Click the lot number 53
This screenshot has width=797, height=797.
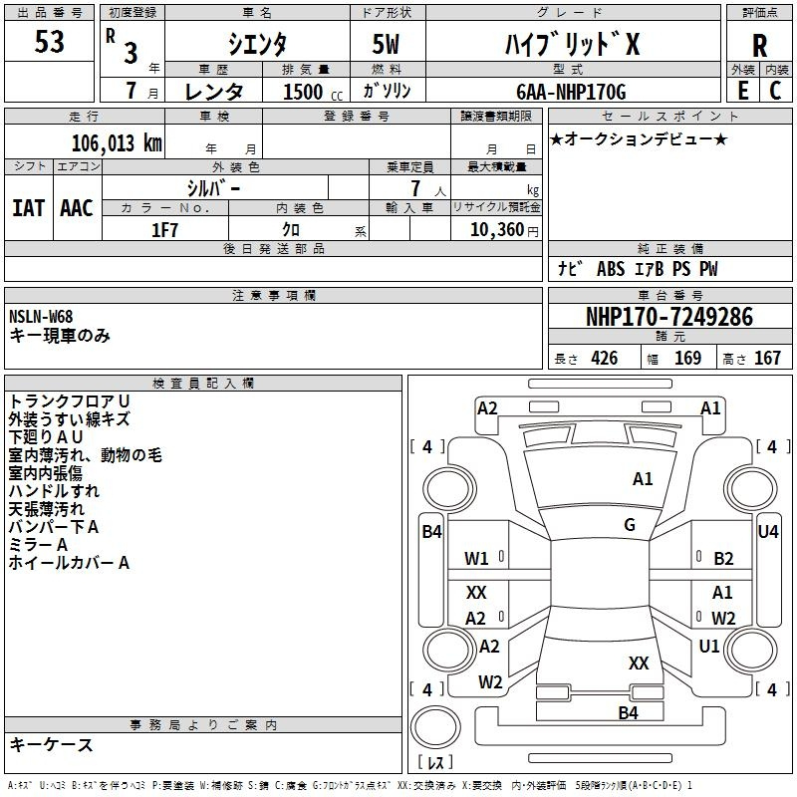(50, 43)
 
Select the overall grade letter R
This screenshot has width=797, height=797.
(759, 46)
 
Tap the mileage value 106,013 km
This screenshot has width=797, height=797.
(116, 142)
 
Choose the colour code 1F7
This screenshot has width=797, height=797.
(164, 230)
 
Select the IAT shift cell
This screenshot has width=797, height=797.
(28, 208)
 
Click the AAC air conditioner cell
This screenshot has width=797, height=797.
(76, 208)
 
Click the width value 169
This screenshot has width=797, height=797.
(687, 359)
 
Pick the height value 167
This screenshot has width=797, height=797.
(767, 359)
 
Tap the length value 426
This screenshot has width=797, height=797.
(604, 359)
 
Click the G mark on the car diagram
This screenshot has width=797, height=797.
(630, 525)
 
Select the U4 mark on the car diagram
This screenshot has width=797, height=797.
(768, 532)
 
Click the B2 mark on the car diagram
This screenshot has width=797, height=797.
(723, 558)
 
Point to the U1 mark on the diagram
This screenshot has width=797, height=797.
(709, 646)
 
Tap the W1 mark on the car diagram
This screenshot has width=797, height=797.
(476, 558)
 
